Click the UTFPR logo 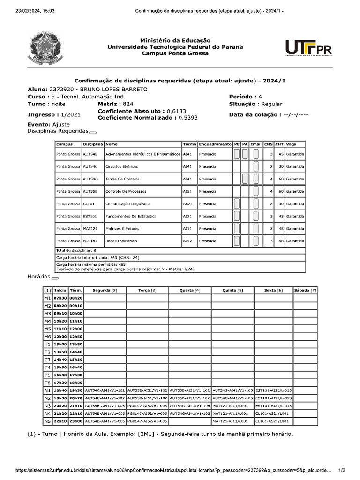tap(308, 47)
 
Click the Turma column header tap(189, 144)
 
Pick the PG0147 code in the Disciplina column tap(90, 241)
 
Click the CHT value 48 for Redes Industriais tap(279, 241)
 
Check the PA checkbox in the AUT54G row tap(245, 179)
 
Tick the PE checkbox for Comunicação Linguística tap(237, 203)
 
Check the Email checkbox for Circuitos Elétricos tap(255, 166)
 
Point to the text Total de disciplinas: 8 tap(76, 250)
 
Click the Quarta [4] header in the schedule tap(190, 290)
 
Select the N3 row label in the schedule tap(47, 406)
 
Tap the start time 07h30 tap(60, 298)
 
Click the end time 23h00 tap(75, 421)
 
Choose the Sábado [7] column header tap(305, 290)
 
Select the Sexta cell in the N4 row tap(274, 413)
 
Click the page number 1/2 tap(342, 470)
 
